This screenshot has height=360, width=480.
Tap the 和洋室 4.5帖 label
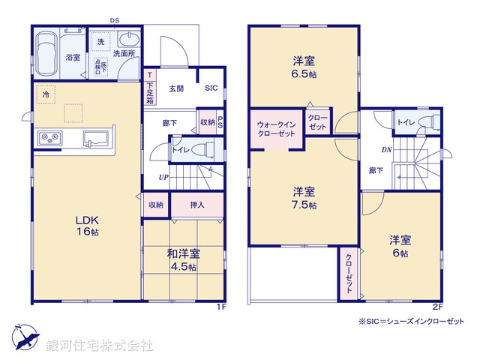tap(182, 260)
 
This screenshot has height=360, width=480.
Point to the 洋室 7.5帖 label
tap(303, 197)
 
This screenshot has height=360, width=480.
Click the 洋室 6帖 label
tap(398, 247)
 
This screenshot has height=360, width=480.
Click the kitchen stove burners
tap(49, 138)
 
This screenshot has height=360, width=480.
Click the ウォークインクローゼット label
tap(276, 128)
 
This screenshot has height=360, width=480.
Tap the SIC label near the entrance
tap(212, 88)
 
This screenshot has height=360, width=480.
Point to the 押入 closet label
tap(196, 204)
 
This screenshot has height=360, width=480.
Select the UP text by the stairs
tap(162, 177)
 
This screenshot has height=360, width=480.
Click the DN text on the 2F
tap(387, 149)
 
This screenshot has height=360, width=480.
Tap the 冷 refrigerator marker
tap(46, 95)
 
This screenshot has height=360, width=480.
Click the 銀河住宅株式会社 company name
tap(100, 346)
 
